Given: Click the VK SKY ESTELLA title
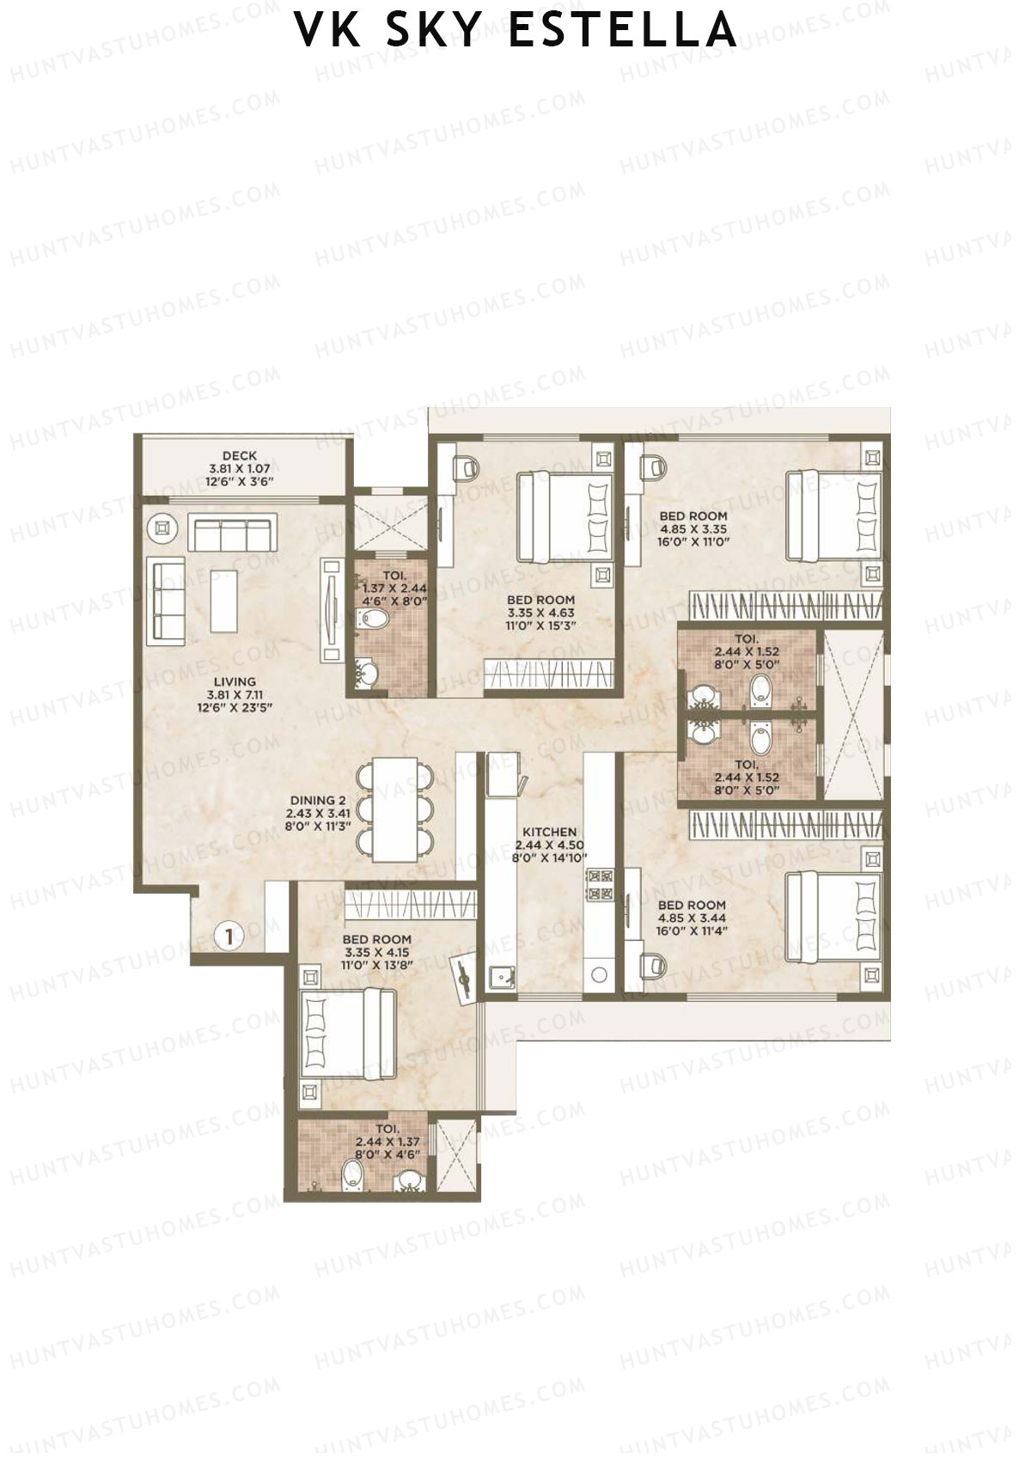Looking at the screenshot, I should [515, 29].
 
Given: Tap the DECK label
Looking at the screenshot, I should [240, 468].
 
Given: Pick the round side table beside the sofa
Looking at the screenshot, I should [163, 530].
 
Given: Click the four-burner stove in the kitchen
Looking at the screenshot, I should [599, 885].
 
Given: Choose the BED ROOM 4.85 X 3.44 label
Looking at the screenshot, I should [692, 918].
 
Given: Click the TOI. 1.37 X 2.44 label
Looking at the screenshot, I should [392, 589].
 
